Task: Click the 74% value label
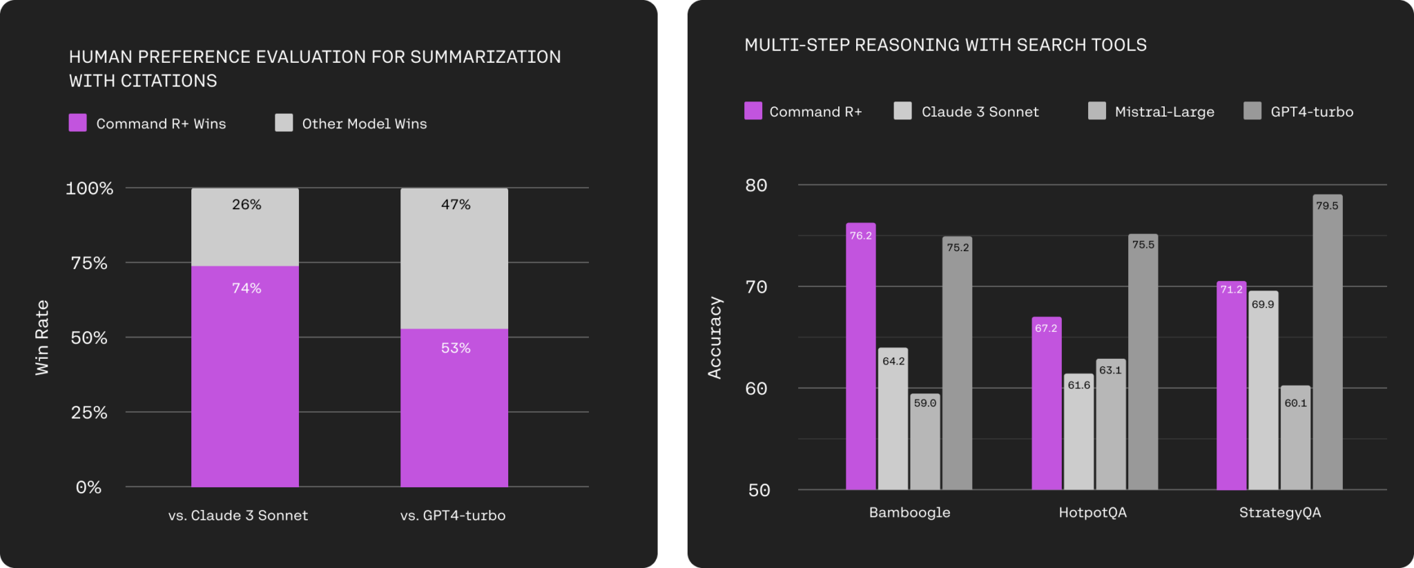(x=246, y=288)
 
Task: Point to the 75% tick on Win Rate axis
(x=89, y=263)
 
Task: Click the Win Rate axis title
(x=42, y=337)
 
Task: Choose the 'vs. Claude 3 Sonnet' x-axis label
(x=238, y=516)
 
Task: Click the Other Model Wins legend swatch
(x=284, y=123)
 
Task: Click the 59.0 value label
(x=925, y=403)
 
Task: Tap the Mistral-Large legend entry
(x=1164, y=112)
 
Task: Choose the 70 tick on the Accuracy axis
(x=756, y=287)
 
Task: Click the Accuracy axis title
(x=715, y=337)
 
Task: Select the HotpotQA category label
(x=1092, y=513)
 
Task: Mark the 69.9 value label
(x=1263, y=304)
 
